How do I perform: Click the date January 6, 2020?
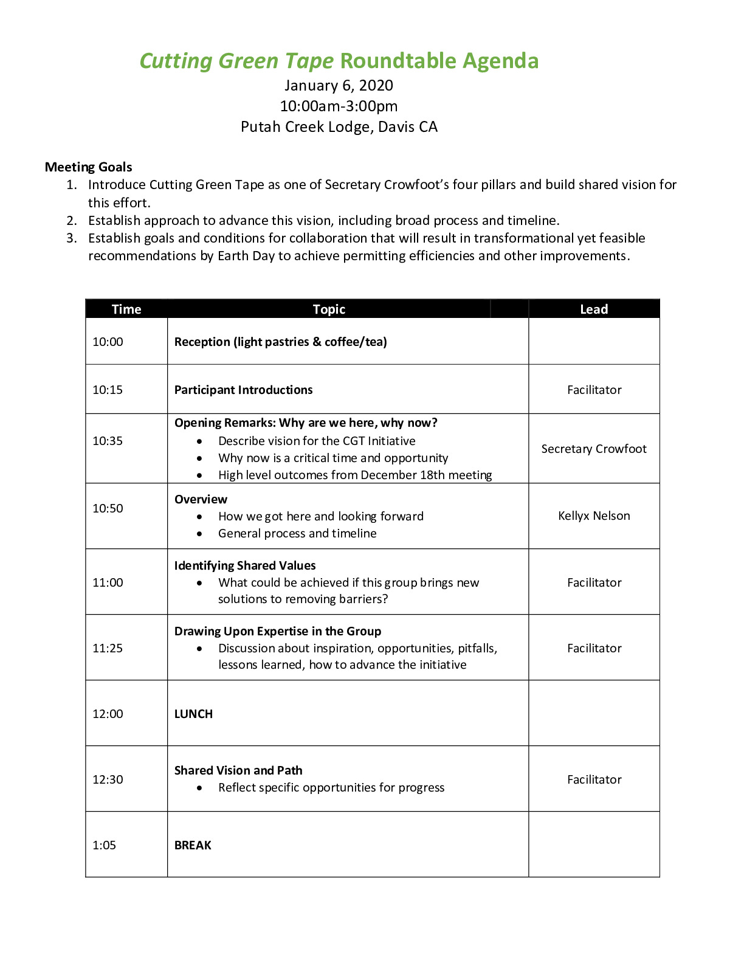[x=339, y=86]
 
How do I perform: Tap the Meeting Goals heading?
[x=88, y=167]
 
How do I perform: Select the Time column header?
[x=126, y=309]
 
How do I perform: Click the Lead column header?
[x=594, y=309]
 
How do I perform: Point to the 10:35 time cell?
[x=108, y=441]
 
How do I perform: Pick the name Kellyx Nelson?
[x=594, y=516]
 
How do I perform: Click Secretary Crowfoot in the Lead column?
[x=594, y=449]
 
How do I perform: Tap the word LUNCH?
[x=193, y=714]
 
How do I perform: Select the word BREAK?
[x=193, y=845]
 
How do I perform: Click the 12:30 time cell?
[x=108, y=779]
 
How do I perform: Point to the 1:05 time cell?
[x=104, y=845]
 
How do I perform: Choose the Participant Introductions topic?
[x=243, y=390]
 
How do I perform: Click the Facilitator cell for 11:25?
[x=594, y=648]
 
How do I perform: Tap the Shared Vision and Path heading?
[x=238, y=770]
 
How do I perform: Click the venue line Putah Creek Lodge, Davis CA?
[x=339, y=127]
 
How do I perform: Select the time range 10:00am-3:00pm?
[x=339, y=106]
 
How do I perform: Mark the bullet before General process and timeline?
[x=199, y=534]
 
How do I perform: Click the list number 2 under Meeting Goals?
[x=72, y=220]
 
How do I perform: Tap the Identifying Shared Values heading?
[x=245, y=565]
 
